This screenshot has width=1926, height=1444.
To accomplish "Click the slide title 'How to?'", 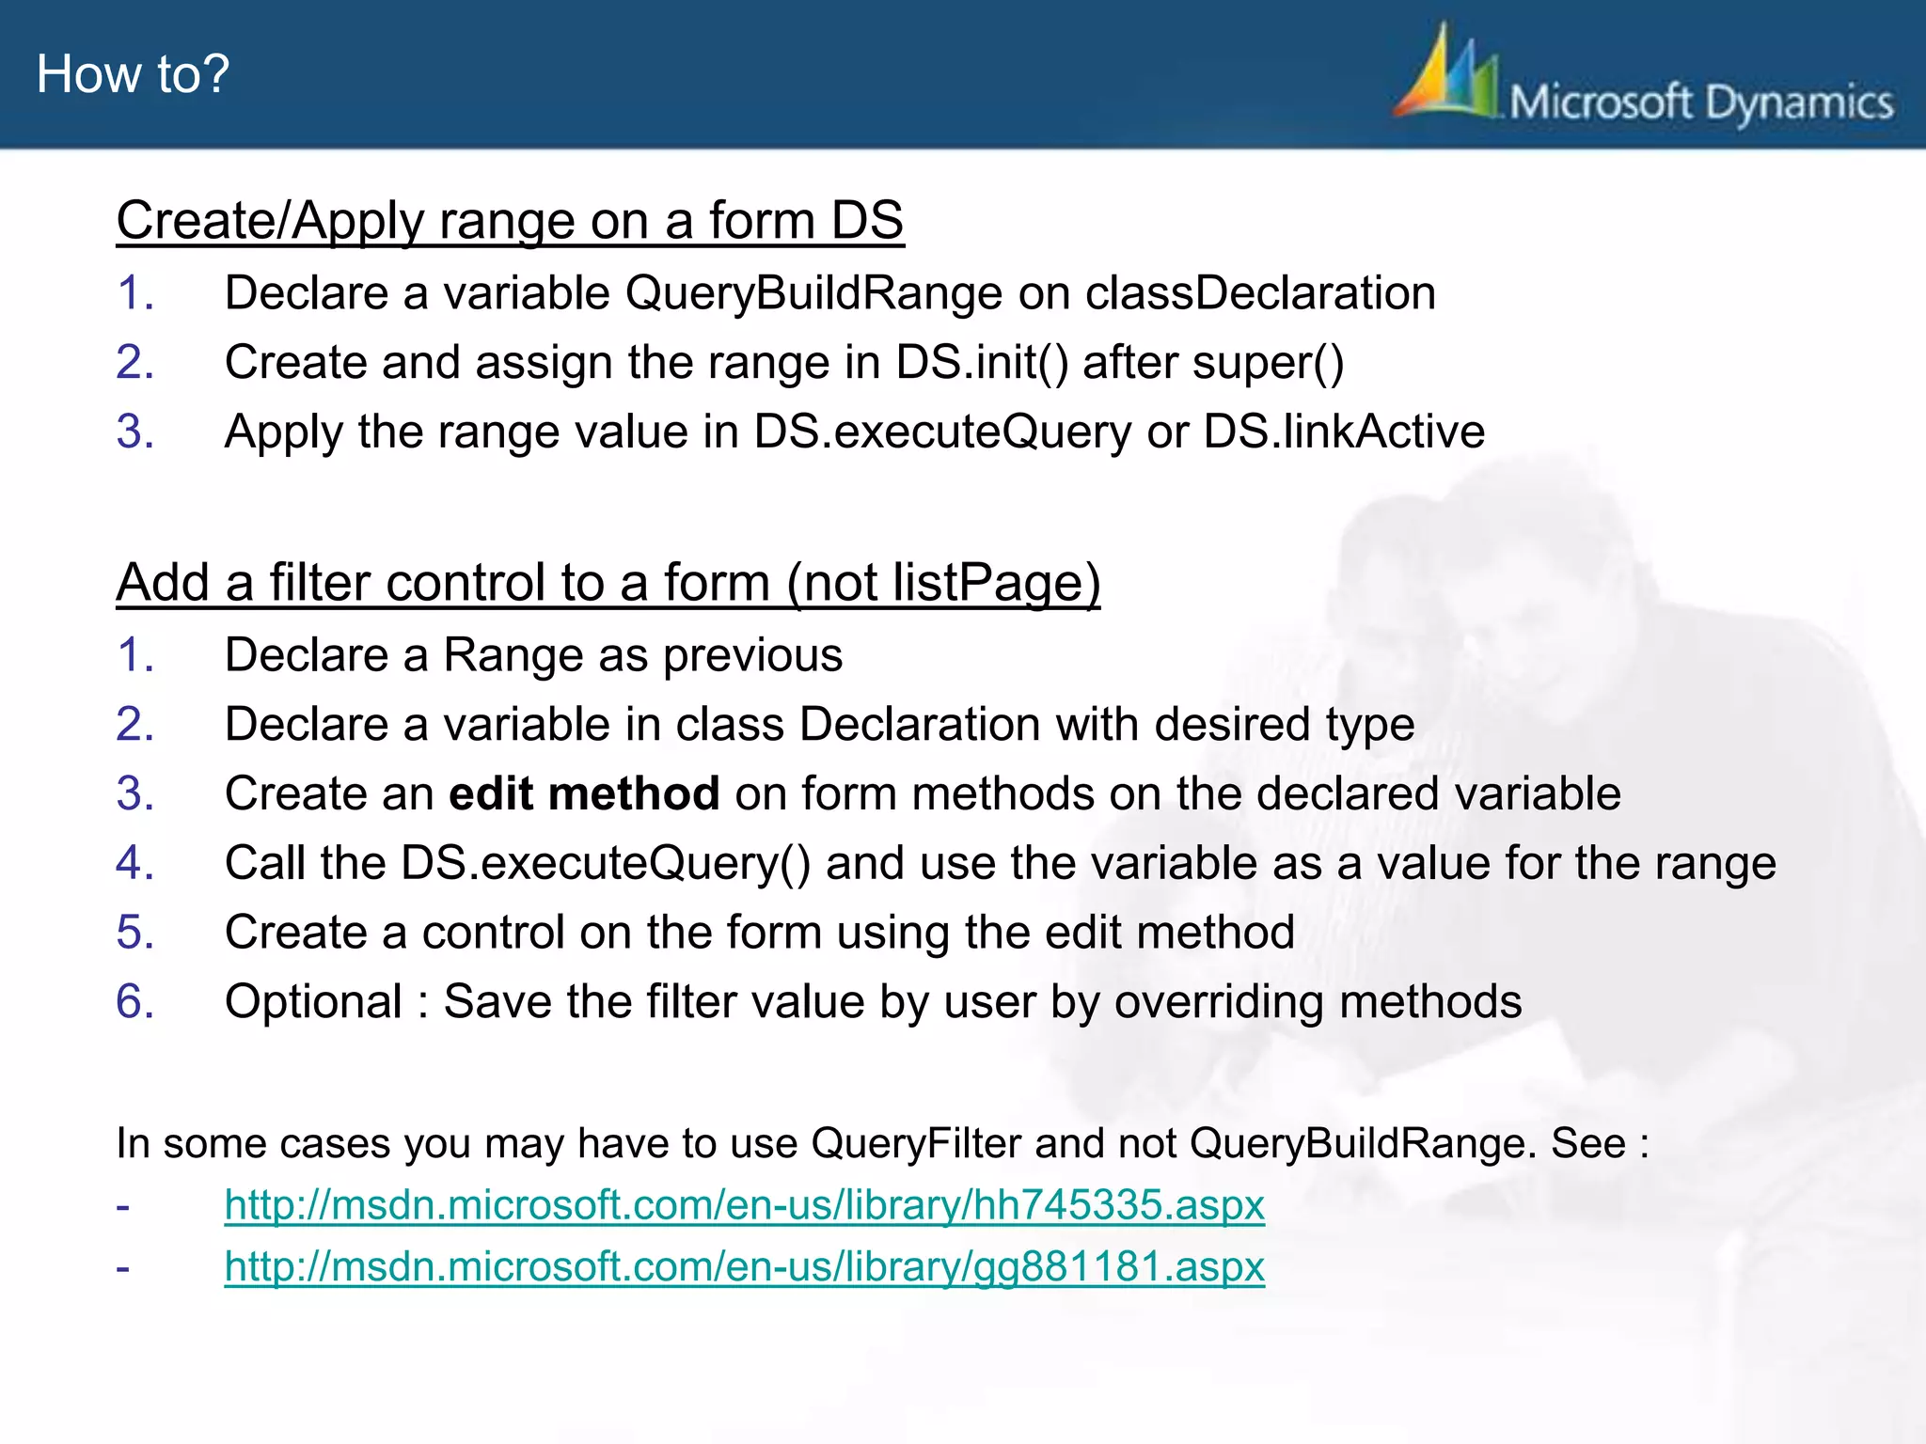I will coord(133,73).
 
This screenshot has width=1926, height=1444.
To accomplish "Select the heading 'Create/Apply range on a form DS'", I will coord(510,221).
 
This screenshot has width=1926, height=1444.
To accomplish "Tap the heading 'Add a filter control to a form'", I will coord(608,582).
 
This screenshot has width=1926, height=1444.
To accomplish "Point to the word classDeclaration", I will coord(1260,292).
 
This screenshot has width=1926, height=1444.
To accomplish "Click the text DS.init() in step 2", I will coord(982,362).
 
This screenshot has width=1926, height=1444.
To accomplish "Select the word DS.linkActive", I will coord(1344,432).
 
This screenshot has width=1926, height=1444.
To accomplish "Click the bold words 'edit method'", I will coord(584,793).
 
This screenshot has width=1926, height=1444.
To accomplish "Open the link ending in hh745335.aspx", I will coord(744,1204).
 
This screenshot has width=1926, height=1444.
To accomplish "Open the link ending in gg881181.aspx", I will coord(744,1266).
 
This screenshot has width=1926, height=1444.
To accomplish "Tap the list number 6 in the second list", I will coord(134,1001).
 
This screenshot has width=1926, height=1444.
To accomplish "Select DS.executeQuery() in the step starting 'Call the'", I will coord(605,863).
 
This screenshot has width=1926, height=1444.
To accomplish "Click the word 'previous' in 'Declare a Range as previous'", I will coord(752,654).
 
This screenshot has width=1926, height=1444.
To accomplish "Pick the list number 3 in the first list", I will coord(134,432).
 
